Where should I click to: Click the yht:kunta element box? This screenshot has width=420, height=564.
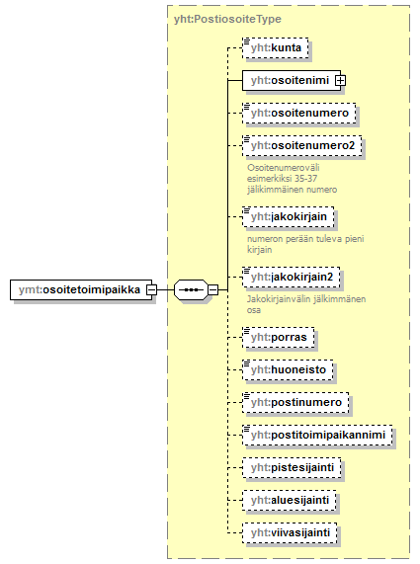[276, 47]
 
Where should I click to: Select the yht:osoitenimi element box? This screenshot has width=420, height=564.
[292, 80]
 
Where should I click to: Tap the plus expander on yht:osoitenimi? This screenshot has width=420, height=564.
[340, 81]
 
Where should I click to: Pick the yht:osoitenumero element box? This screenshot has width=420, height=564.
[299, 113]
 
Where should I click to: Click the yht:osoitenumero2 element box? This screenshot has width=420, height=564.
[302, 145]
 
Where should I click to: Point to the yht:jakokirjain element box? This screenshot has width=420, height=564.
[289, 217]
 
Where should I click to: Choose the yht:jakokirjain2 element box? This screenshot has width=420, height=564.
[292, 278]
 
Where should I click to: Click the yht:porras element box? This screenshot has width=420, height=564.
[279, 338]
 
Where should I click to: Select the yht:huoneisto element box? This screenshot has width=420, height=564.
[288, 369]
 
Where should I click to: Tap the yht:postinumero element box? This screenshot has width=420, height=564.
[295, 402]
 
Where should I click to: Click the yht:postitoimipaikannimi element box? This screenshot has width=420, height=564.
[317, 435]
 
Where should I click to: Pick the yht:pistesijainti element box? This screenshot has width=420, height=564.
[292, 467]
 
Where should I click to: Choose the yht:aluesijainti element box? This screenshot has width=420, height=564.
[290, 501]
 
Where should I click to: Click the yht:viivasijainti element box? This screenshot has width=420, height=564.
[290, 532]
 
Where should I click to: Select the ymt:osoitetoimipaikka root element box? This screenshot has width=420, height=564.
[81, 289]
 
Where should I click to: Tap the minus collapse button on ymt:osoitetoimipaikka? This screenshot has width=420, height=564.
[151, 289]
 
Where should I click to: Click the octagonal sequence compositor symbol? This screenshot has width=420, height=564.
[191, 289]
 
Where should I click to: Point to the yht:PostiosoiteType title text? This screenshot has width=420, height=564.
[227, 19]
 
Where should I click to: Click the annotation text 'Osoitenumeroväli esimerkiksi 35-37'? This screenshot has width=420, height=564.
[284, 173]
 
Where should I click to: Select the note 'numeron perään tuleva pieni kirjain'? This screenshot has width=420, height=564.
[305, 244]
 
